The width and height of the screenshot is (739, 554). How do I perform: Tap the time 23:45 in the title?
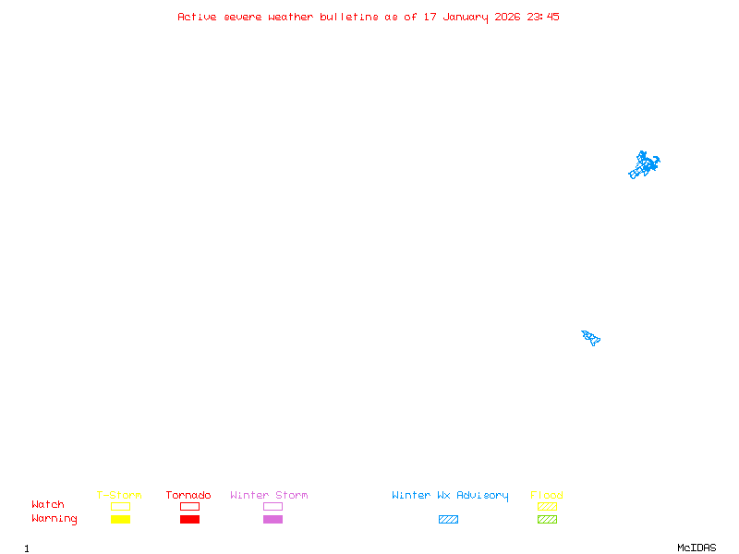pyautogui.click(x=543, y=17)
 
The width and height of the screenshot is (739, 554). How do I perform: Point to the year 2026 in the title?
pyautogui.click(x=507, y=17)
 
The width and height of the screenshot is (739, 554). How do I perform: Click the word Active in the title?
pyautogui.click(x=198, y=17)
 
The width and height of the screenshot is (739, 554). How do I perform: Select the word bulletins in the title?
pyautogui.click(x=349, y=17)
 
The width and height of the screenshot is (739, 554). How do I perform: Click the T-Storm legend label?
pyautogui.click(x=119, y=496)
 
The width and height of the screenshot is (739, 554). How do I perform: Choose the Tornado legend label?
pyautogui.click(x=188, y=496)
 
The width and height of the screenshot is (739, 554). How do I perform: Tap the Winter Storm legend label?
pyautogui.click(x=269, y=496)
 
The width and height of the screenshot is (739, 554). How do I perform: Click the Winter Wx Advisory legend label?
pyautogui.click(x=450, y=496)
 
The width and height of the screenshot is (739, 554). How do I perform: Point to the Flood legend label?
pyautogui.click(x=547, y=496)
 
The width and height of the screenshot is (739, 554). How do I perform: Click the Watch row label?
pyautogui.click(x=48, y=505)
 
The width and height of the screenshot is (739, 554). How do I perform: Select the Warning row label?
pyautogui.click(x=55, y=519)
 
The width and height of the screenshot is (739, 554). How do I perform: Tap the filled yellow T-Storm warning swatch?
pyautogui.click(x=120, y=519)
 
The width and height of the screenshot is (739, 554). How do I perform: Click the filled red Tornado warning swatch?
pyautogui.click(x=189, y=519)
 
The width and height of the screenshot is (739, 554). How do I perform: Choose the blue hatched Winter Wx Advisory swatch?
pyautogui.click(x=448, y=519)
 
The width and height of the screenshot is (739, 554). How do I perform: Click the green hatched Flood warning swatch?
pyautogui.click(x=547, y=519)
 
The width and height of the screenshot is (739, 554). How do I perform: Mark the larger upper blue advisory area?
pyautogui.click(x=644, y=165)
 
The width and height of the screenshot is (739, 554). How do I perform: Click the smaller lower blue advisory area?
pyautogui.click(x=591, y=337)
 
